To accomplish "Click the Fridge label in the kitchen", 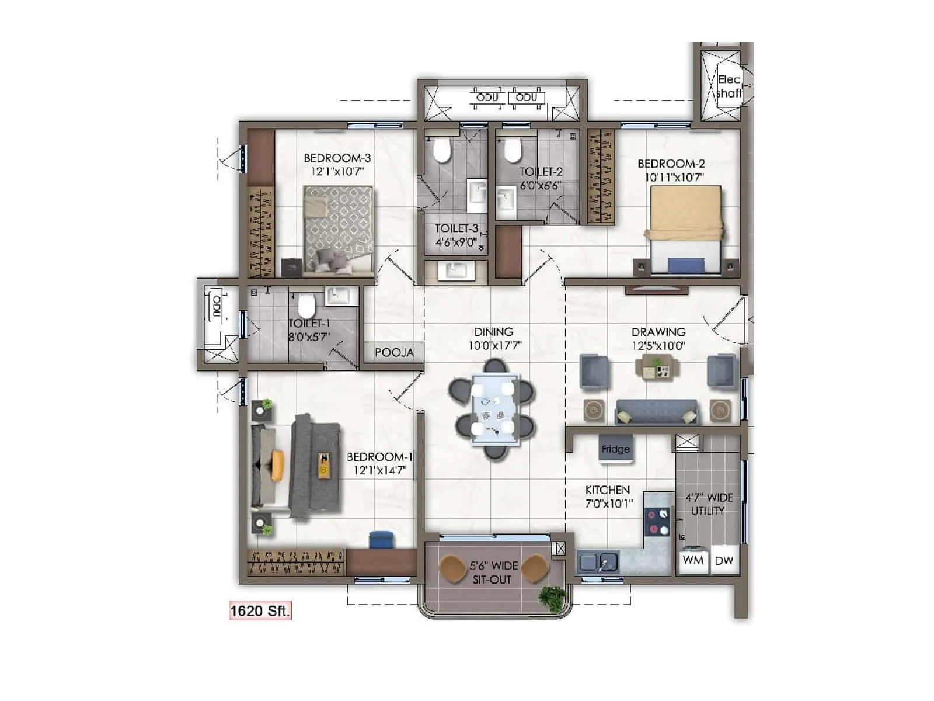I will coord(615,449).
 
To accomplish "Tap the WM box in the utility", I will coord(693,560).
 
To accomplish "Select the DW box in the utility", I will coord(724,560).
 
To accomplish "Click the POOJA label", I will coord(394,353).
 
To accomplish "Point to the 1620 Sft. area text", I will coord(260,611).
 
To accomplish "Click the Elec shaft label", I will coord(729,86).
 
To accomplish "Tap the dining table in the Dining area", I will coord(494,409).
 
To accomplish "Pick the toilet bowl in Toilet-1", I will coord(306,306).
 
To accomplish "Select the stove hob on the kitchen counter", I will coord(657,522).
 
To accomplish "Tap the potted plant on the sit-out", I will coord(552,598).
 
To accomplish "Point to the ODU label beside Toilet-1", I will coord(217,306).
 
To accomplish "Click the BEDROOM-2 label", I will coord(671,164).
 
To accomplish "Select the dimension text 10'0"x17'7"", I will coord(494,346).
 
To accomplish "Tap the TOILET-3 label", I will coord(456,229).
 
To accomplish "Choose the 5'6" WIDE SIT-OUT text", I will coord(493,572).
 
